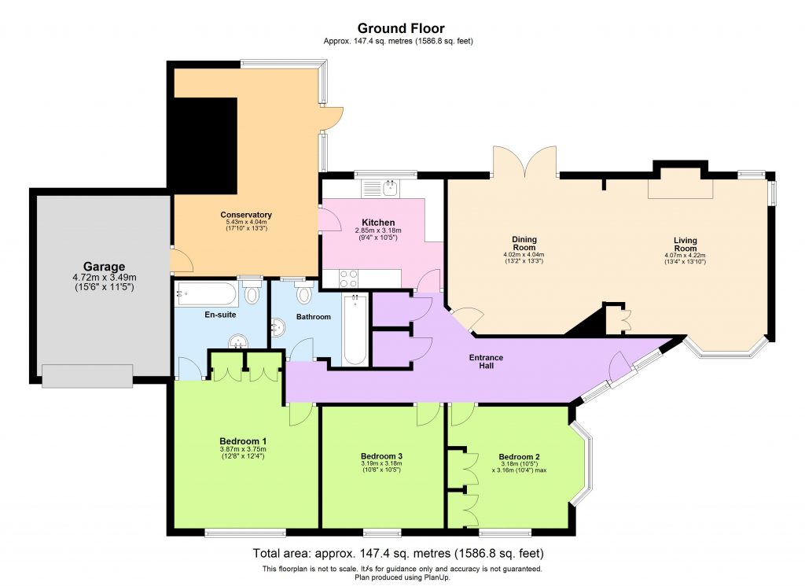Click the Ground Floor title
pos(402,29)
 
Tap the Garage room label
pos(104,267)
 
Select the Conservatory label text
pos(246,215)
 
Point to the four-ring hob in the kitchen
pos(347,278)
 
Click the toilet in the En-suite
pos(252,293)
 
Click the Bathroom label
pos(313,317)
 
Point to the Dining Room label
pos(524,242)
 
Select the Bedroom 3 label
pos(381,456)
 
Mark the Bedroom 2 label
pos(519,456)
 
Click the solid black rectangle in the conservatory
pos(205,146)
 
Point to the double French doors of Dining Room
pos(526,162)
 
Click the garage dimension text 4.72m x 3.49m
pos(104,277)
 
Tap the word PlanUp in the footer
pos(437,577)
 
